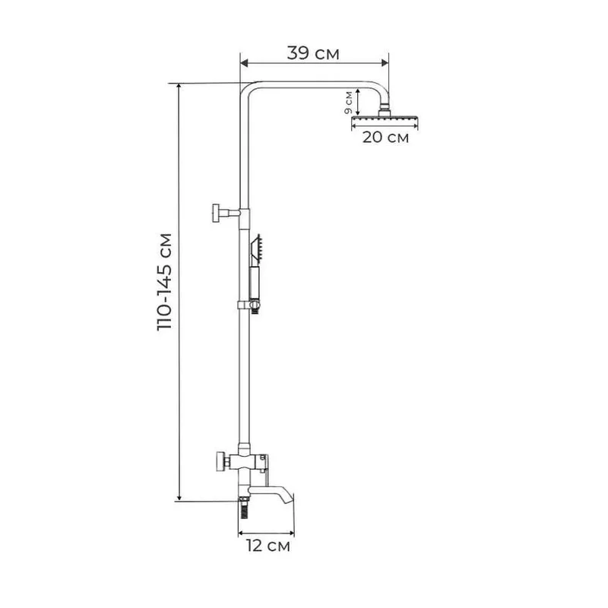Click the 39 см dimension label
click(313, 53)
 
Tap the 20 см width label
click(385, 137)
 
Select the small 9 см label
click(348, 103)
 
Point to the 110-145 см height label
click(165, 281)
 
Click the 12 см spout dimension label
click(268, 546)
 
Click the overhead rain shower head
click(385, 121)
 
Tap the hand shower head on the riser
click(255, 249)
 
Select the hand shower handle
click(255, 283)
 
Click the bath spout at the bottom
click(271, 495)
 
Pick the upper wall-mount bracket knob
click(217, 213)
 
